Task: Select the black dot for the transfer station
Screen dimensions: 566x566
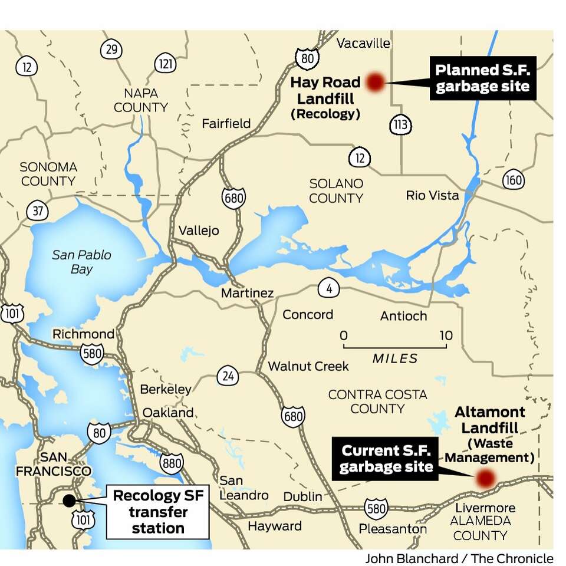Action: [x=69, y=500]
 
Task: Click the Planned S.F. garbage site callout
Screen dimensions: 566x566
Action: [x=482, y=78]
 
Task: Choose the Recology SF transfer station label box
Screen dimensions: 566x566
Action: [x=157, y=512]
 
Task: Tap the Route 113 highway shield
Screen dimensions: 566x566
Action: [x=400, y=124]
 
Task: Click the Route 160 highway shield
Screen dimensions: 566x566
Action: [x=513, y=179]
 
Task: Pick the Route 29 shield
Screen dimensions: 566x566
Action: [x=111, y=50]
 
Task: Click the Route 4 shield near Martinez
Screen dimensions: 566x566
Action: [x=329, y=289]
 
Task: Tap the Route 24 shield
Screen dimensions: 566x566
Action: [x=228, y=375]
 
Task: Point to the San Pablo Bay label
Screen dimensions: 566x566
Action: [x=81, y=262]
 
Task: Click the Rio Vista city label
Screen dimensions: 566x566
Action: [x=432, y=195]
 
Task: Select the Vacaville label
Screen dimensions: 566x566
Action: [x=363, y=43]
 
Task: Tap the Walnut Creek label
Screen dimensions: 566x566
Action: [x=308, y=366]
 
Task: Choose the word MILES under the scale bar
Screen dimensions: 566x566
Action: [x=395, y=358]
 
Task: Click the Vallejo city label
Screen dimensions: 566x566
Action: [x=199, y=230]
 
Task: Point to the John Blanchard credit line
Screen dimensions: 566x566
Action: [x=459, y=558]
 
